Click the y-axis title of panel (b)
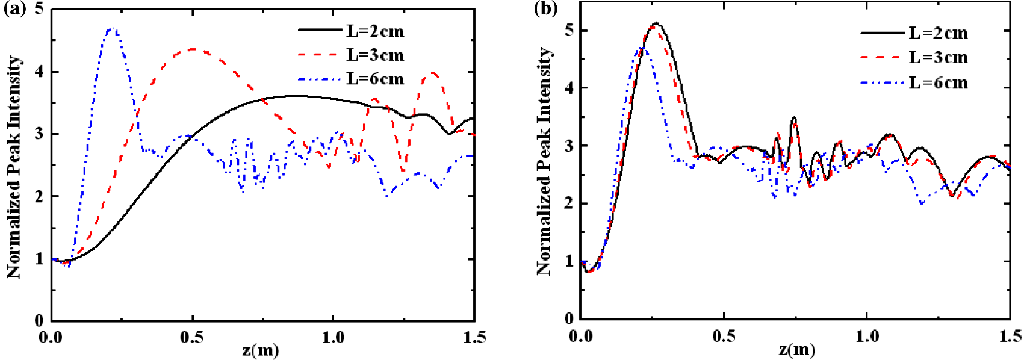click(544, 161)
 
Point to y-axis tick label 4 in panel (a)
click(39, 72)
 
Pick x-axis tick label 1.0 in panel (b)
click(867, 336)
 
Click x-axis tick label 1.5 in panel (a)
click(474, 337)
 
